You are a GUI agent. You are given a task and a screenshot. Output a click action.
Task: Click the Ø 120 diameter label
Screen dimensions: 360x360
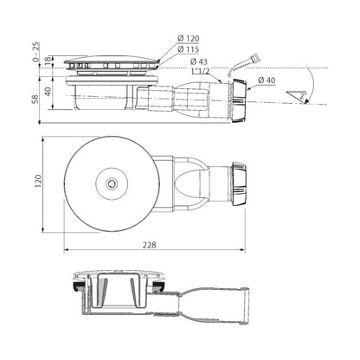point(189,38)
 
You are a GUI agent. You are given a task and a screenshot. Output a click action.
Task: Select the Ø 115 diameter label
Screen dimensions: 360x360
point(189,49)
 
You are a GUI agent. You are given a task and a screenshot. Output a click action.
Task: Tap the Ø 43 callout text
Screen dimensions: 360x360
point(199,61)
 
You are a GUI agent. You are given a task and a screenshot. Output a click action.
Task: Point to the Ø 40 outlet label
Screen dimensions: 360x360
point(267,80)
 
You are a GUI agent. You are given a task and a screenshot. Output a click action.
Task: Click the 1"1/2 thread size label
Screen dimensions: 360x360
point(201,71)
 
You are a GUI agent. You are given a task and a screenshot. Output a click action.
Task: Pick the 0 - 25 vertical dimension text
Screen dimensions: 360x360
point(36,52)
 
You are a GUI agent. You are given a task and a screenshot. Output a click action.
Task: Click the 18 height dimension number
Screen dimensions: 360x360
point(48,61)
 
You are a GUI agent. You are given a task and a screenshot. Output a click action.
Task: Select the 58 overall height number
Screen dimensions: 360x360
point(35,99)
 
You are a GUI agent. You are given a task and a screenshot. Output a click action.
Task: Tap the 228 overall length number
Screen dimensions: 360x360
point(150,245)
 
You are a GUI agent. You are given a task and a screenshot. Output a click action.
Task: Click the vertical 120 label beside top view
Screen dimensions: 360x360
point(38,182)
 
